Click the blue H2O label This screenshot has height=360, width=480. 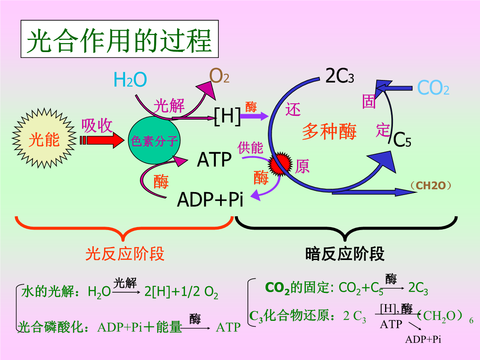click(130, 80)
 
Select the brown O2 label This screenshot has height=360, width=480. click(219, 76)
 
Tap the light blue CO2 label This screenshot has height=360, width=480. click(433, 88)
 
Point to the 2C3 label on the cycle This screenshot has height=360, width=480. click(340, 76)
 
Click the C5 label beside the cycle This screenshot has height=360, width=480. click(402, 140)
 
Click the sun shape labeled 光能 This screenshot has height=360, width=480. click(44, 140)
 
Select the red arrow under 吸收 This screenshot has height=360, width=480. click(102, 140)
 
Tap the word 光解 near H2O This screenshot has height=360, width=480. click(169, 106)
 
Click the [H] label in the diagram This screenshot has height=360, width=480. click(227, 115)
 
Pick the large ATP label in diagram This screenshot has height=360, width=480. click(214, 160)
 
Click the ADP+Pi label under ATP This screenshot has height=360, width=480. click(210, 200)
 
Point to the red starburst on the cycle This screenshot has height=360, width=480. click(280, 165)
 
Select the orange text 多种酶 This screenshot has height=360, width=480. click(329, 131)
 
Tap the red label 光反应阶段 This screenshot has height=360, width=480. click(125, 253)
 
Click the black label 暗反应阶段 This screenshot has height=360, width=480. click(345, 253)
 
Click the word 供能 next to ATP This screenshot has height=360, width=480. click(250, 147)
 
